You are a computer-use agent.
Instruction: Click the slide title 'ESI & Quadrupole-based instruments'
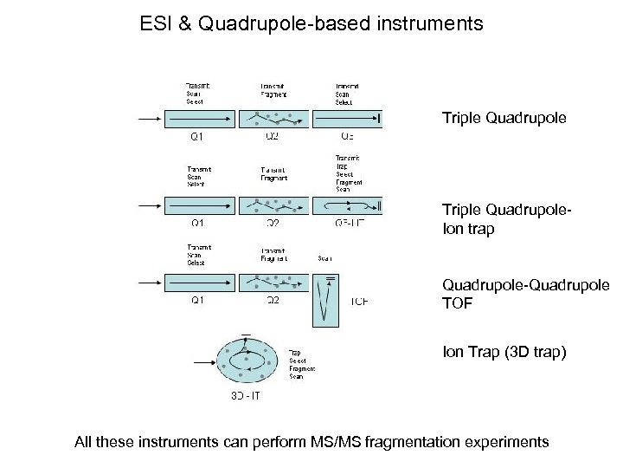point(311,23)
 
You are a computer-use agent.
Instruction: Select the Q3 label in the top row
point(347,137)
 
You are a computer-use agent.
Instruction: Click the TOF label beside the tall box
point(359,302)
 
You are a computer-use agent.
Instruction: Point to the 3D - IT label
point(245,396)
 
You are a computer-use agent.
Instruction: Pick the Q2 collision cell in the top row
point(273,118)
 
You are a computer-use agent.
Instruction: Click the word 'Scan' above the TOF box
point(325,257)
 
